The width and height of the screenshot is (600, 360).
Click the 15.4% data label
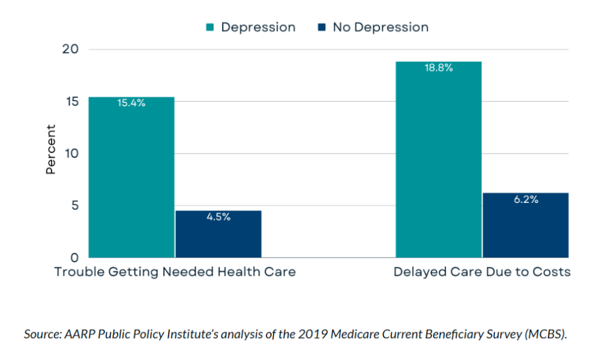click(131, 103)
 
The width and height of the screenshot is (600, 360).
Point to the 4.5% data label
click(218, 217)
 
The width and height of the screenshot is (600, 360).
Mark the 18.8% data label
click(438, 68)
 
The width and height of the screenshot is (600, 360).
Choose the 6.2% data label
click(525, 200)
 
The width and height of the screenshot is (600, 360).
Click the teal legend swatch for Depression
click(210, 27)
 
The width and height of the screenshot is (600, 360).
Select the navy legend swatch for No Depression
click(321, 27)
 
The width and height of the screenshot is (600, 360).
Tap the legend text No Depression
click(380, 27)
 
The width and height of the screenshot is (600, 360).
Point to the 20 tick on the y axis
click(71, 50)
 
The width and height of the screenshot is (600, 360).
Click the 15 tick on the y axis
click(71, 102)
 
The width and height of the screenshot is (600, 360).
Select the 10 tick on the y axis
click(71, 154)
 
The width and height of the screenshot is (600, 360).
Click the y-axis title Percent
click(51, 149)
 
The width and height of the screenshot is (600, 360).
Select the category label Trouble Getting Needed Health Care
click(175, 272)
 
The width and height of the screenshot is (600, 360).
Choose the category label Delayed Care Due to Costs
click(482, 272)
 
